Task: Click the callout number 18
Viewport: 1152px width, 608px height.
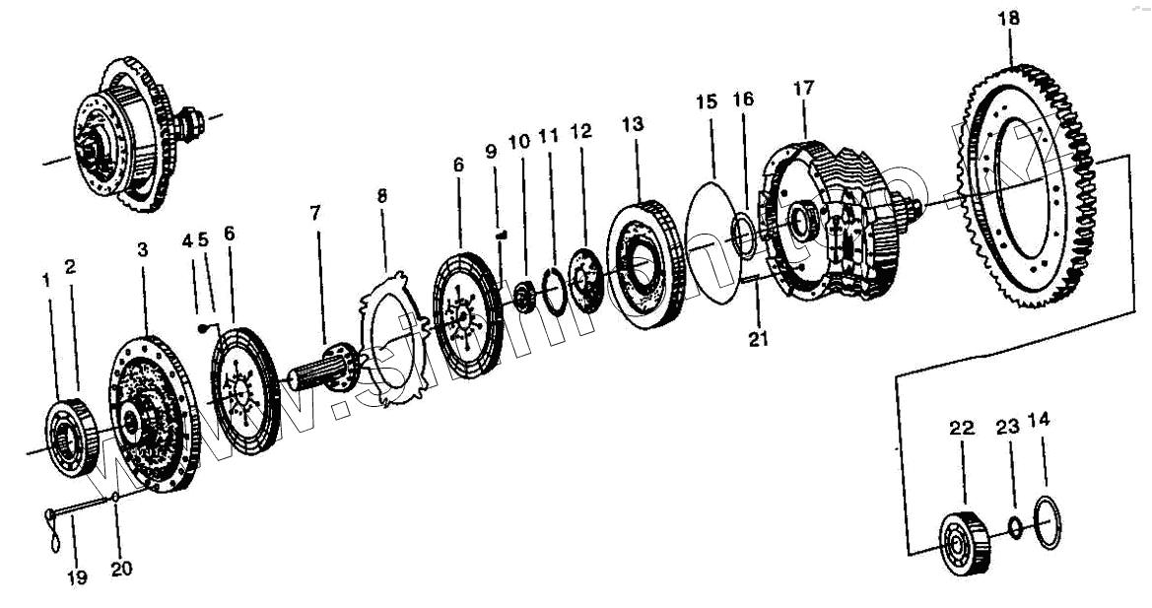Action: click(1008, 19)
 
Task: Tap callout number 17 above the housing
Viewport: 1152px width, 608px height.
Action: click(803, 88)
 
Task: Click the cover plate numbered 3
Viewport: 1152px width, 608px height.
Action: click(153, 414)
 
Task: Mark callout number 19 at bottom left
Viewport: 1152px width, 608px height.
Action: click(77, 577)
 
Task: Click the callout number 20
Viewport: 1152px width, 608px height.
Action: click(121, 569)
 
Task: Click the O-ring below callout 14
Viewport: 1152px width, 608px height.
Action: click(1048, 519)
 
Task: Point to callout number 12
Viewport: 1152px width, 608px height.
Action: click(581, 130)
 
